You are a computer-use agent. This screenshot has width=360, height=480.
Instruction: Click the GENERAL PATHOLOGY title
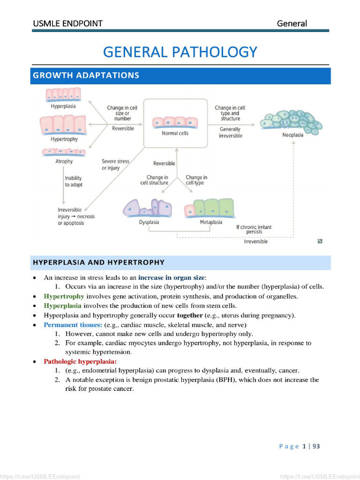(180, 52)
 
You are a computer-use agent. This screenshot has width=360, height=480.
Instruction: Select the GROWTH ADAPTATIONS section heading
(85, 75)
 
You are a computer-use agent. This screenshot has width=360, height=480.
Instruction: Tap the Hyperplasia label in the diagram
(63, 106)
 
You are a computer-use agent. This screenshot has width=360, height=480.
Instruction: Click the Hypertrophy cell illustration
(63, 125)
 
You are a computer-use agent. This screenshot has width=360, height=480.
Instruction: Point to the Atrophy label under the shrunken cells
(64, 161)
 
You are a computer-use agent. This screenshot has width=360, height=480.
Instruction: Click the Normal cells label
(176, 133)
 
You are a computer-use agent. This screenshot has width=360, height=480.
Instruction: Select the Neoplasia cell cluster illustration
(292, 121)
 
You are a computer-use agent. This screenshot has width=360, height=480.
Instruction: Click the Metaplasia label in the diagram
(211, 222)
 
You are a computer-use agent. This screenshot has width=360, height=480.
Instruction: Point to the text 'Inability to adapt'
(74, 181)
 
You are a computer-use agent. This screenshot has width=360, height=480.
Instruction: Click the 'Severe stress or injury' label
(115, 165)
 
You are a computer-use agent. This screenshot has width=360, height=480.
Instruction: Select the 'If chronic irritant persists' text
(254, 229)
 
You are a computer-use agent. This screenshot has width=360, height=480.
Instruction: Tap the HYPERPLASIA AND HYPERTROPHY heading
(98, 262)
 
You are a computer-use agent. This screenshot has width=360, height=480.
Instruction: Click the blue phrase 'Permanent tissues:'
(73, 325)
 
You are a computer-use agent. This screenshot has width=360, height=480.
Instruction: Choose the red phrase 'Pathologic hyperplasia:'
(80, 361)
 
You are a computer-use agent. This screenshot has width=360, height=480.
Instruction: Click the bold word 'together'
(190, 315)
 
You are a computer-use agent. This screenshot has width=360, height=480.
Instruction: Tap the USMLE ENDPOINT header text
(67, 23)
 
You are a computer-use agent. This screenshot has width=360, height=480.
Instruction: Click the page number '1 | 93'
(311, 446)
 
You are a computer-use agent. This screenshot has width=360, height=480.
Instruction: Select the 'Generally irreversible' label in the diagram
(230, 132)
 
